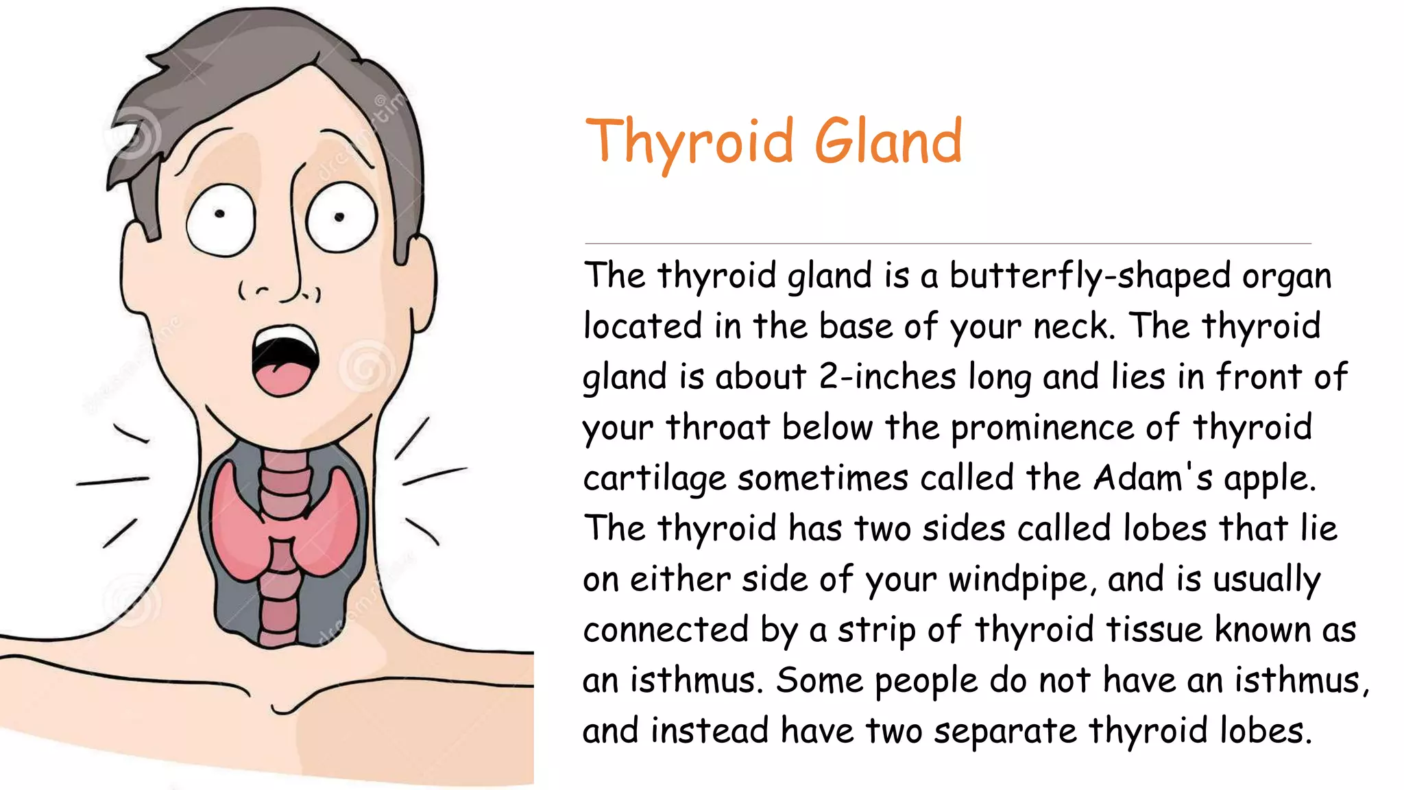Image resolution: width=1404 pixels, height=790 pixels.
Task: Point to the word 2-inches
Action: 887,377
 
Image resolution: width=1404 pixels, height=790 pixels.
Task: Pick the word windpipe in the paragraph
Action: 1019,580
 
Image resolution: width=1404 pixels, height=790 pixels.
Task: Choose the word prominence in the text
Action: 1042,428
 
